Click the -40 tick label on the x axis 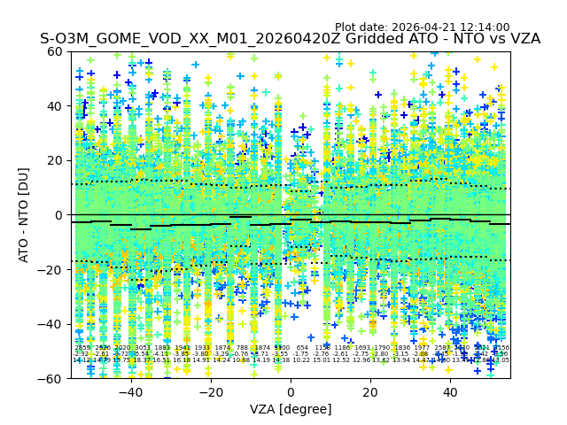click(x=130, y=392)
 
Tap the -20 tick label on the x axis click(x=210, y=392)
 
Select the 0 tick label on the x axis click(x=291, y=392)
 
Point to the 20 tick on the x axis click(x=370, y=392)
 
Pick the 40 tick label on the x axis click(x=450, y=392)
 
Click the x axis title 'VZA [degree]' click(x=291, y=409)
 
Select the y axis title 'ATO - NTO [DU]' click(x=24, y=215)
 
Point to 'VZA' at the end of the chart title click(x=523, y=39)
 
